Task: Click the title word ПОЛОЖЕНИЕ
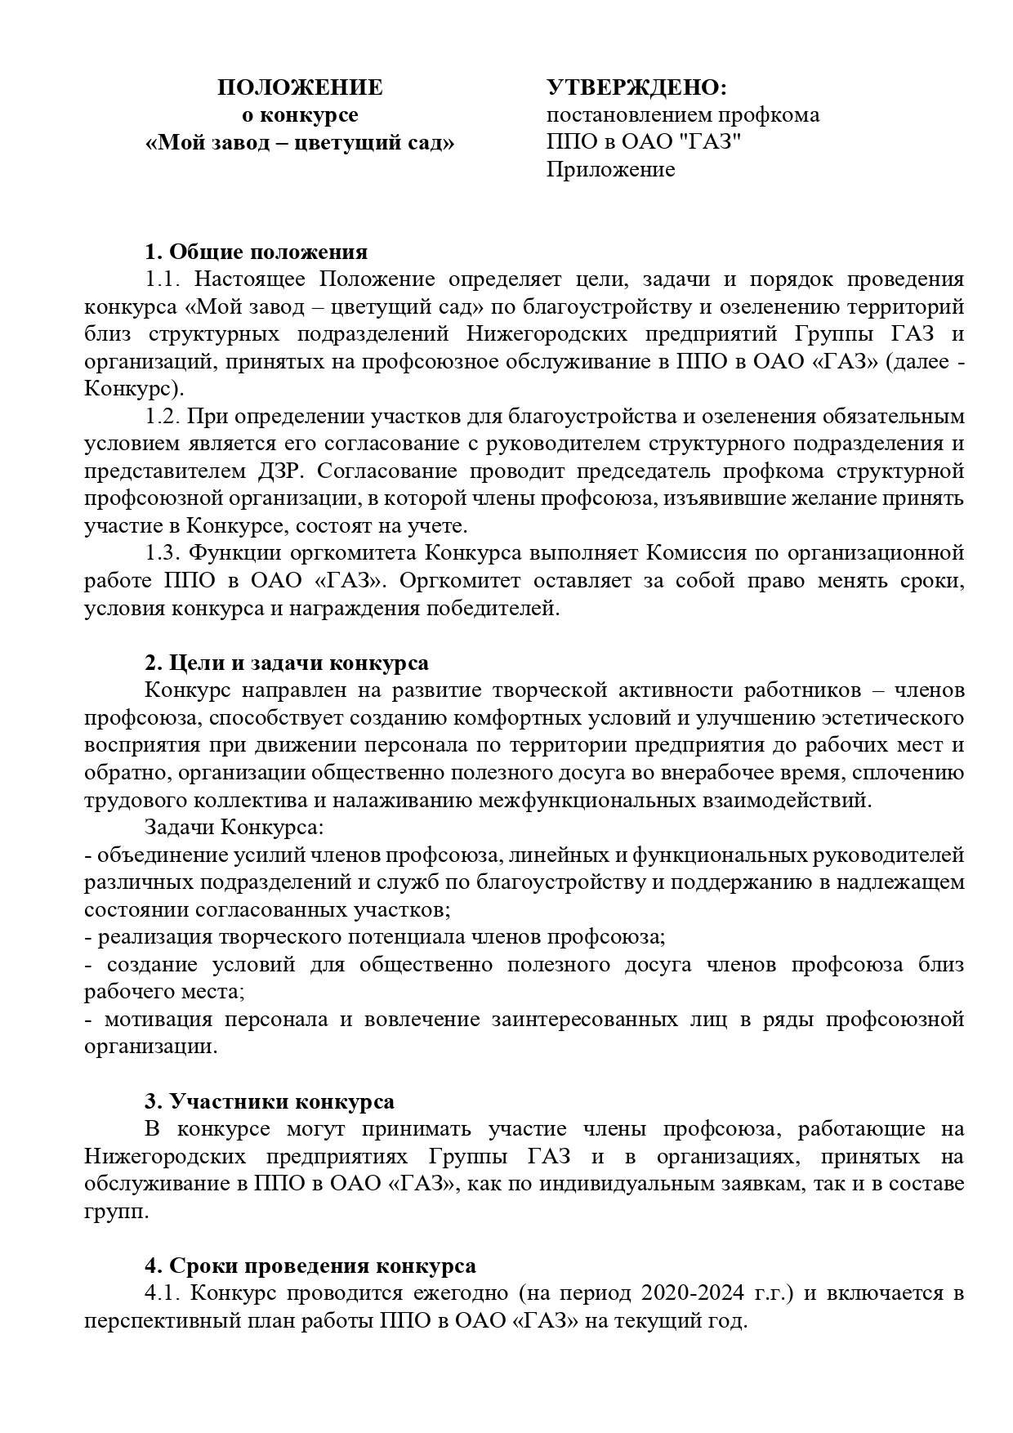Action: click(x=300, y=88)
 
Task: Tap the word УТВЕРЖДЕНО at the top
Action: click(x=636, y=88)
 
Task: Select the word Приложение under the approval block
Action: click(x=610, y=170)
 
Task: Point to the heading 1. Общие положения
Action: click(x=256, y=252)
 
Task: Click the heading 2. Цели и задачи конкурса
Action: click(x=286, y=663)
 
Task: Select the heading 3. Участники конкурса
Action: click(x=270, y=1101)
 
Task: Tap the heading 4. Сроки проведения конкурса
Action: click(x=310, y=1266)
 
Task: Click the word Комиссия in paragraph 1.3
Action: click(x=694, y=553)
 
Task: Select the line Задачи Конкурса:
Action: click(x=234, y=828)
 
